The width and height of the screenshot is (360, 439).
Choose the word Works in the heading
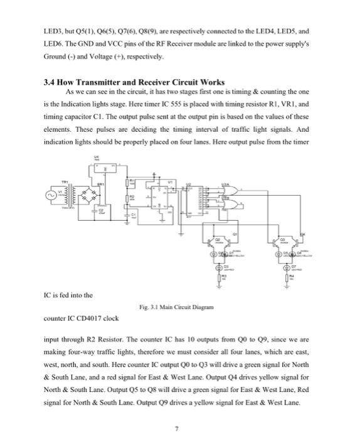(210, 82)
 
